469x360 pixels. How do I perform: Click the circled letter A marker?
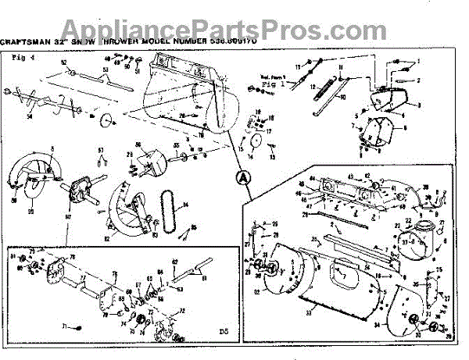tap(243, 177)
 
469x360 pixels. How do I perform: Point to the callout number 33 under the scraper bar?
tap(308, 312)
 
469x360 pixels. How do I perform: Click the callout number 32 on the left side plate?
tap(258, 292)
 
